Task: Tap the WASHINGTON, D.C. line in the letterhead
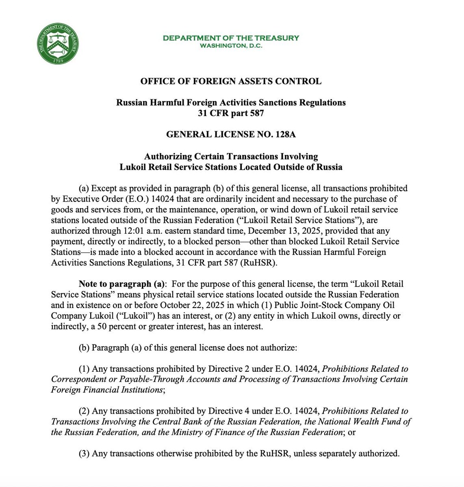coord(231,46)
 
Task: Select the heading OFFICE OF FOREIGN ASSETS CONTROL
coord(231,81)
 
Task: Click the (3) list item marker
coord(84,453)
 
